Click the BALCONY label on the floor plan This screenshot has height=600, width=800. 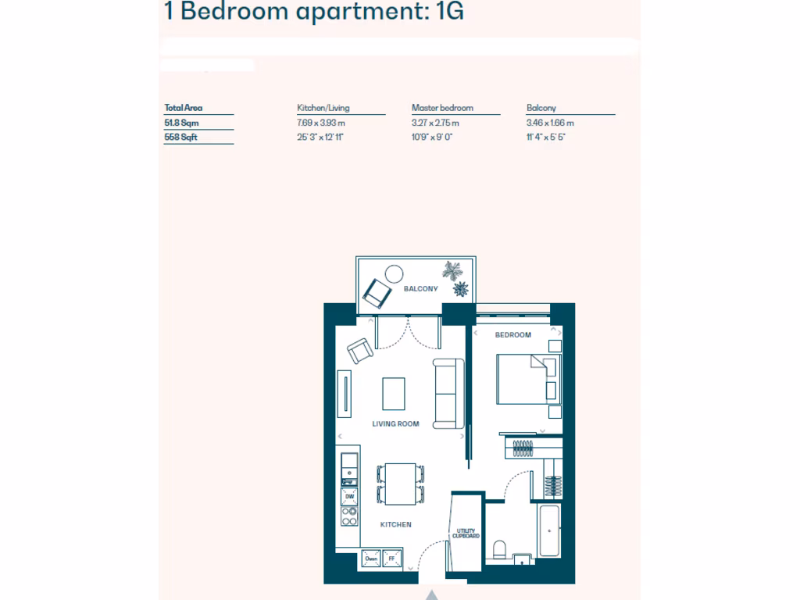(x=420, y=289)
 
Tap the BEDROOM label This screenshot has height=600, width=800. (x=513, y=335)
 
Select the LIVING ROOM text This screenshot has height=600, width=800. (x=395, y=424)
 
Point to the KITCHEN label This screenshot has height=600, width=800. (x=395, y=524)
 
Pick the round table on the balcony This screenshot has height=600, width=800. (x=394, y=273)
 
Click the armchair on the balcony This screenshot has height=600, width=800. (x=377, y=294)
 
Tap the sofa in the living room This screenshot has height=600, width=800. (x=448, y=393)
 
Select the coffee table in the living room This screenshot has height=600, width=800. (x=394, y=394)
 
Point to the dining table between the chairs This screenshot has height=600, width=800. (x=401, y=483)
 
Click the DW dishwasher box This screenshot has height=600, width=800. (x=349, y=497)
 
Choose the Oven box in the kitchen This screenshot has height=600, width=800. (x=370, y=559)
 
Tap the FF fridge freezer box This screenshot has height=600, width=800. (x=391, y=559)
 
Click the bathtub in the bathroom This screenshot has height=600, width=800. (x=549, y=530)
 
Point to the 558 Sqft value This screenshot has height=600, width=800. (x=180, y=137)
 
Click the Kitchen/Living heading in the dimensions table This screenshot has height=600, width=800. (x=323, y=108)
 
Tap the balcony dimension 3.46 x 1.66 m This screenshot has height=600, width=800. (x=550, y=123)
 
